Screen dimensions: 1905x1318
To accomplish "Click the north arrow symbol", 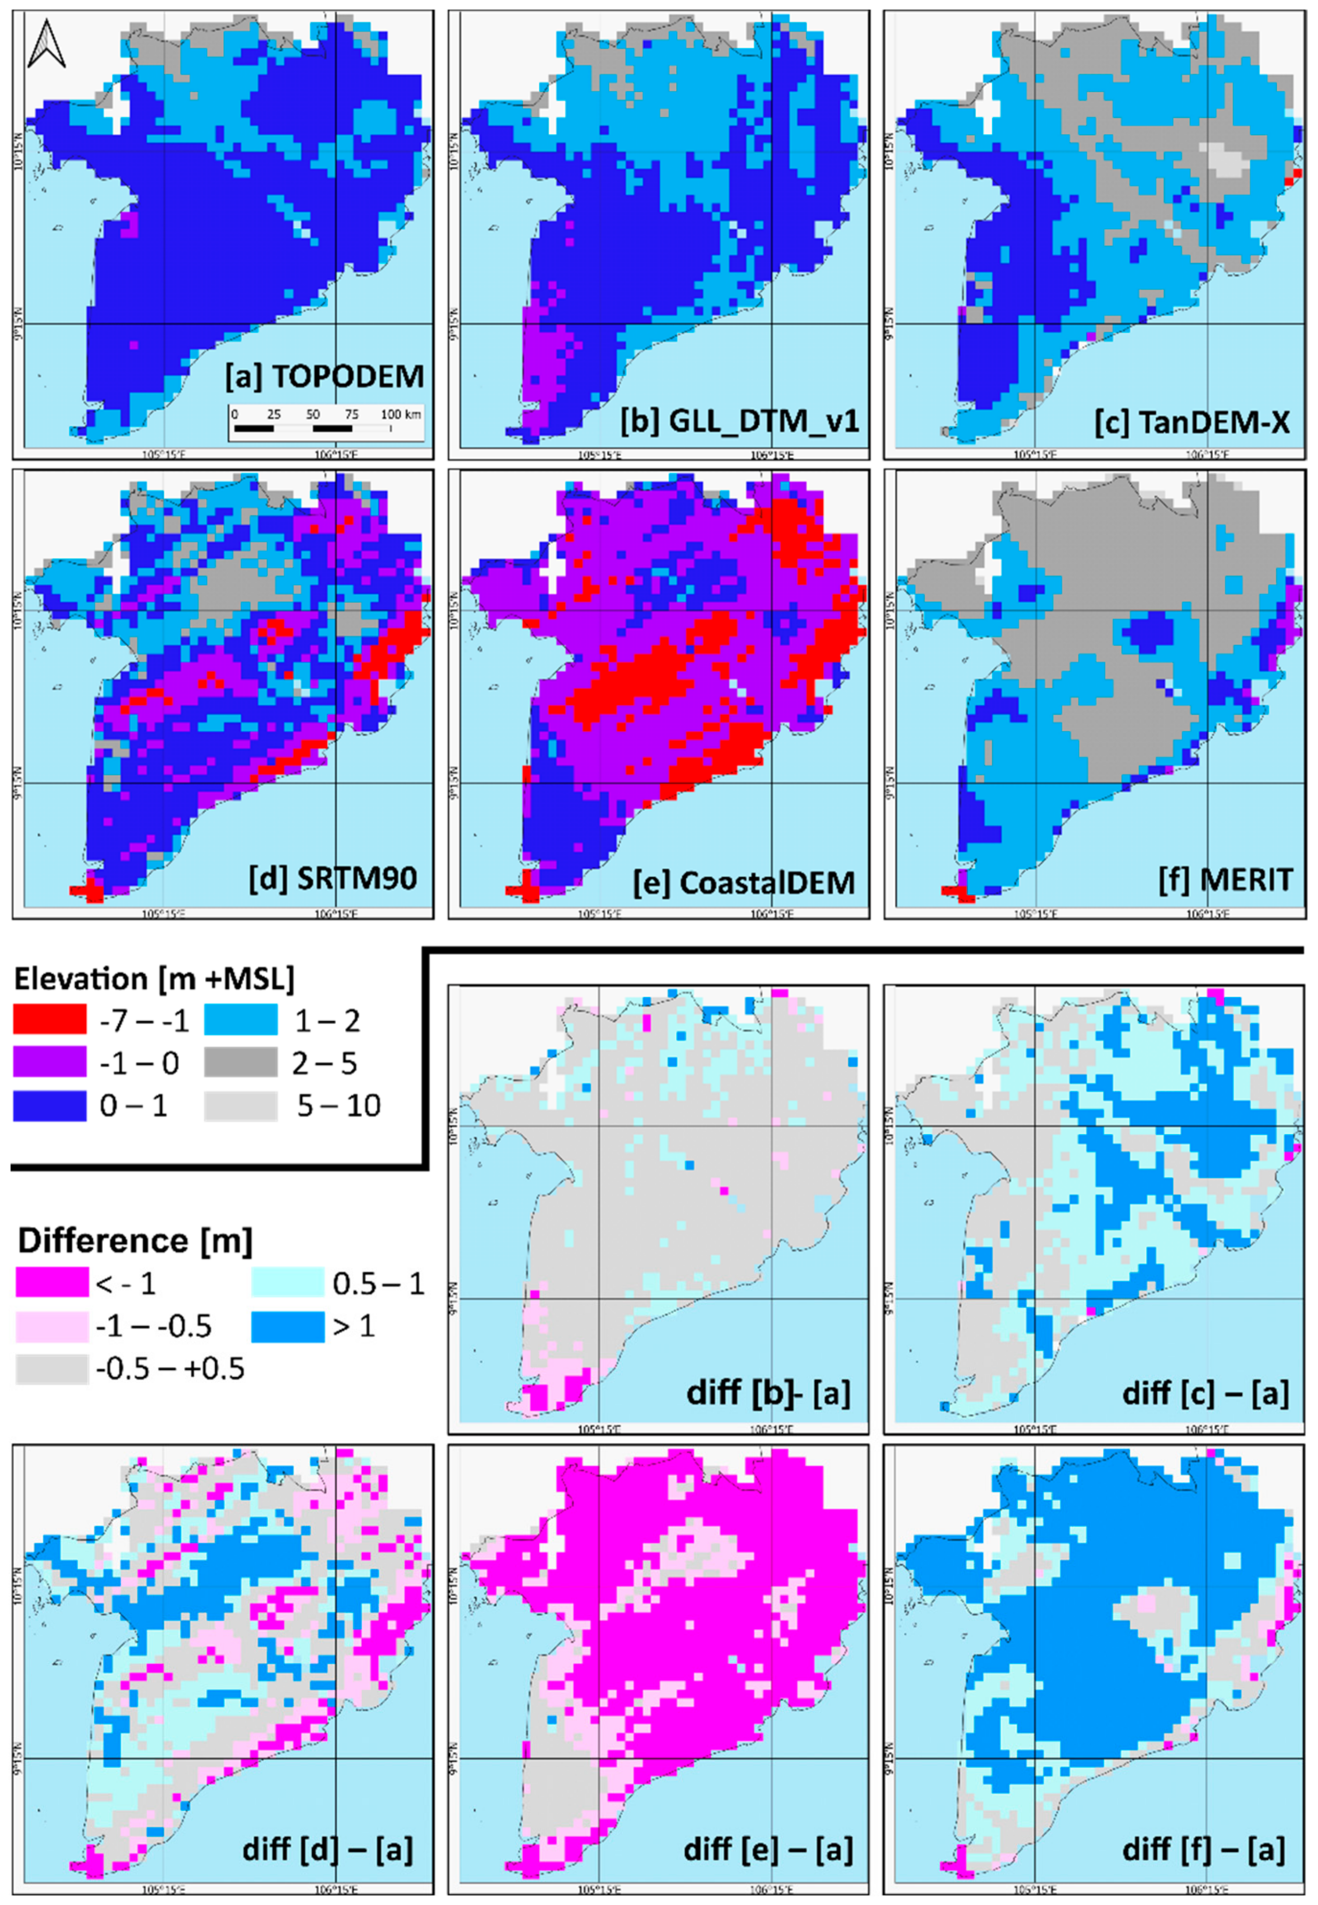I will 46,45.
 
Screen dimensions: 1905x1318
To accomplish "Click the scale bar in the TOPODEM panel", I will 325,423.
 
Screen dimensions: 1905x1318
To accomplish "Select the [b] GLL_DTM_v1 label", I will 740,422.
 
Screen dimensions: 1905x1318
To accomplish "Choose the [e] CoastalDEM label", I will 744,882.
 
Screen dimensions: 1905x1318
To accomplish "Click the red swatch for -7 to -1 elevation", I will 49,1020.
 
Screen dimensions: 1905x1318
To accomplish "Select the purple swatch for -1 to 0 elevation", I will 49,1063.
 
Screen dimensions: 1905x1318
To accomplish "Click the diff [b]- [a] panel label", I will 768,1393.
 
